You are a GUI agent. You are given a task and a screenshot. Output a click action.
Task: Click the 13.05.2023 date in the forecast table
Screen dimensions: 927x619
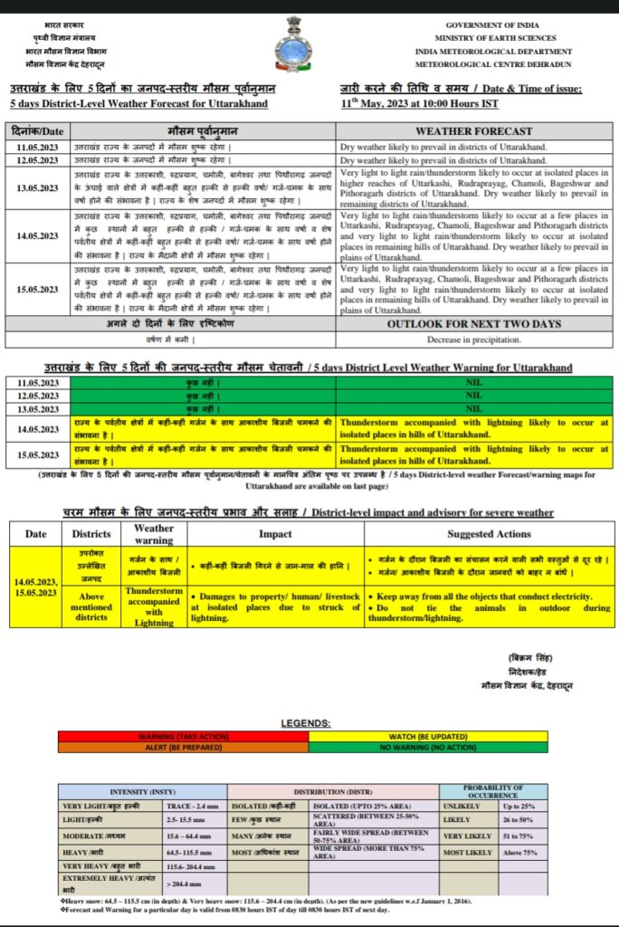pyautogui.click(x=39, y=187)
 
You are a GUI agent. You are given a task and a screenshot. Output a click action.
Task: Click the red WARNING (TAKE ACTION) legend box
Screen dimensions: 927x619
pyautogui.click(x=182, y=737)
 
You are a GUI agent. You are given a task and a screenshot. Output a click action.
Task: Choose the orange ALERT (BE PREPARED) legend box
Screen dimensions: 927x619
pyautogui.click(x=182, y=748)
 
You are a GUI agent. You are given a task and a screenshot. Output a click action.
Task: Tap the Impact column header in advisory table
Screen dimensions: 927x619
pyautogui.click(x=275, y=534)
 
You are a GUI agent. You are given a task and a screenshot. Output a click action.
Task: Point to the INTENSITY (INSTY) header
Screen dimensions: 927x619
pyautogui.click(x=142, y=791)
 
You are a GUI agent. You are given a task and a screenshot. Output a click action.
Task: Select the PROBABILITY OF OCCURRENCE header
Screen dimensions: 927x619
pyautogui.click(x=492, y=791)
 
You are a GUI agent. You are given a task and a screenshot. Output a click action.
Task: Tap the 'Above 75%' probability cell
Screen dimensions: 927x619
pyautogui.click(x=520, y=852)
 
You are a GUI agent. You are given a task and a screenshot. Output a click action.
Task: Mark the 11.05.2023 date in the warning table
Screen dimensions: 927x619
pyautogui.click(x=37, y=384)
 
